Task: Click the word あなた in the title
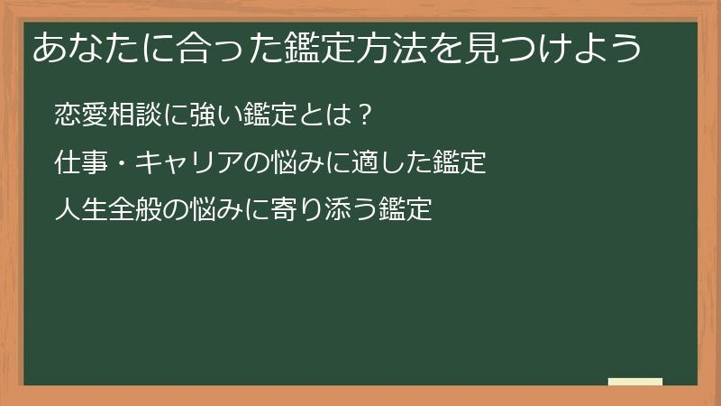click(x=78, y=48)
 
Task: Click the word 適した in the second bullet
click(x=390, y=163)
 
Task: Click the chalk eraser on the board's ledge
click(x=634, y=382)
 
